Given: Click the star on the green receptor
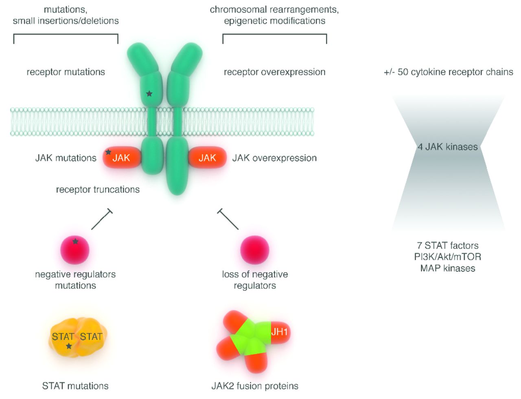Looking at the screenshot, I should (149, 94).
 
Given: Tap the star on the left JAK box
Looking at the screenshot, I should (108, 152).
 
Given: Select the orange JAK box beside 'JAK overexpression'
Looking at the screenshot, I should (207, 158).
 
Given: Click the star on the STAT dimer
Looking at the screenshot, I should (69, 346).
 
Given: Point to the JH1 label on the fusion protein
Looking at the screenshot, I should (279, 332).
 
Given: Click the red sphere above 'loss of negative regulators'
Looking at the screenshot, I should (255, 249).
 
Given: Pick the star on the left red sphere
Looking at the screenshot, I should (75, 241).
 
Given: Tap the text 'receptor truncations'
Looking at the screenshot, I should (98, 190).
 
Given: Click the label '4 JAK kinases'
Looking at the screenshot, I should (448, 147).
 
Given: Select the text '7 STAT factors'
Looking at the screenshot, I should (448, 245).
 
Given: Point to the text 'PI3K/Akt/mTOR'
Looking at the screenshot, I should (448, 257).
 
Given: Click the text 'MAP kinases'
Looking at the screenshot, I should (448, 268).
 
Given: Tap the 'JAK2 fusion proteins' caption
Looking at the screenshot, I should (255, 386).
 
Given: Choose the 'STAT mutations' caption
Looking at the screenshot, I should (75, 386).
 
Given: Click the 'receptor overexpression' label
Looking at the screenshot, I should (275, 72).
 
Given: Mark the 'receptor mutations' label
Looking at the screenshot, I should (66, 72).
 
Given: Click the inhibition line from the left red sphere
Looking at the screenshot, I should (101, 220).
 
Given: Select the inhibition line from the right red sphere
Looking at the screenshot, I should (229, 220).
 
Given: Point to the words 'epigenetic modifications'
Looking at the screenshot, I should (275, 21).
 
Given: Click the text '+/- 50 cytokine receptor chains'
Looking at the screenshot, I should (448, 72).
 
